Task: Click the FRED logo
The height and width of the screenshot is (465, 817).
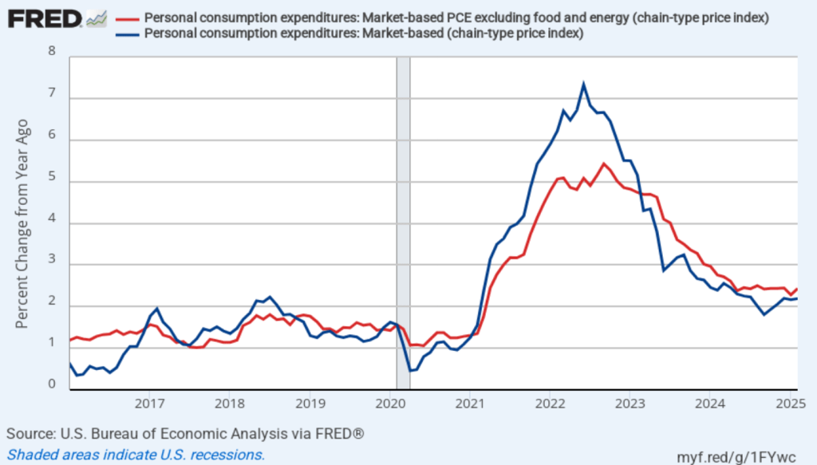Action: tap(44, 18)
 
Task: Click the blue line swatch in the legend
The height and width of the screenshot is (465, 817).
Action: tap(126, 33)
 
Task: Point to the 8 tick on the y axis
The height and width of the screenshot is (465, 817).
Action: tap(53, 52)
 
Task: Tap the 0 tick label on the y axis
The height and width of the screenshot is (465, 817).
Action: tap(53, 384)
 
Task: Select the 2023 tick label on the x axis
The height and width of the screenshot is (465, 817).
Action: tap(630, 404)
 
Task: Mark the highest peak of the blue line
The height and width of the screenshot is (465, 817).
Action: tap(584, 84)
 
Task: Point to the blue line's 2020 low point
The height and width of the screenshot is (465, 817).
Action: tap(409, 371)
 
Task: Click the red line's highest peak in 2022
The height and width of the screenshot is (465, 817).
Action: tap(603, 164)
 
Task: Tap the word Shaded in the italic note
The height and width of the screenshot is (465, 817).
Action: tap(30, 455)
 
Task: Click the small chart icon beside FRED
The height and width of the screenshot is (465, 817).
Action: tap(97, 18)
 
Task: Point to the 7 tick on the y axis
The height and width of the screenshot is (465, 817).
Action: tap(53, 93)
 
